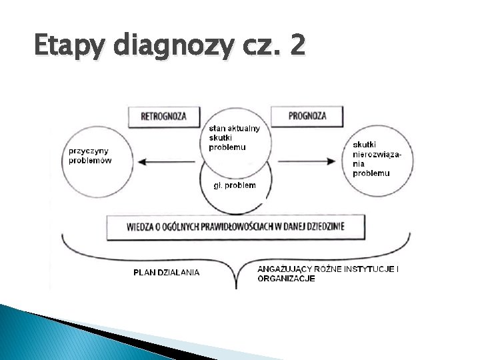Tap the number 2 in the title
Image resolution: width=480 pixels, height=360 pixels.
click(297, 47)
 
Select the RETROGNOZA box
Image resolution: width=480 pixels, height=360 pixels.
click(163, 116)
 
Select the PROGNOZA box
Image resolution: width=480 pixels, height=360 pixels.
click(307, 115)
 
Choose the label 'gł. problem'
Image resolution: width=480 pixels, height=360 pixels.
click(234, 185)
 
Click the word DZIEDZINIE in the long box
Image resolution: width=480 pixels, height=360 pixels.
click(323, 227)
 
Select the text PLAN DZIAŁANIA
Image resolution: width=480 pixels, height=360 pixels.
click(166, 272)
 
